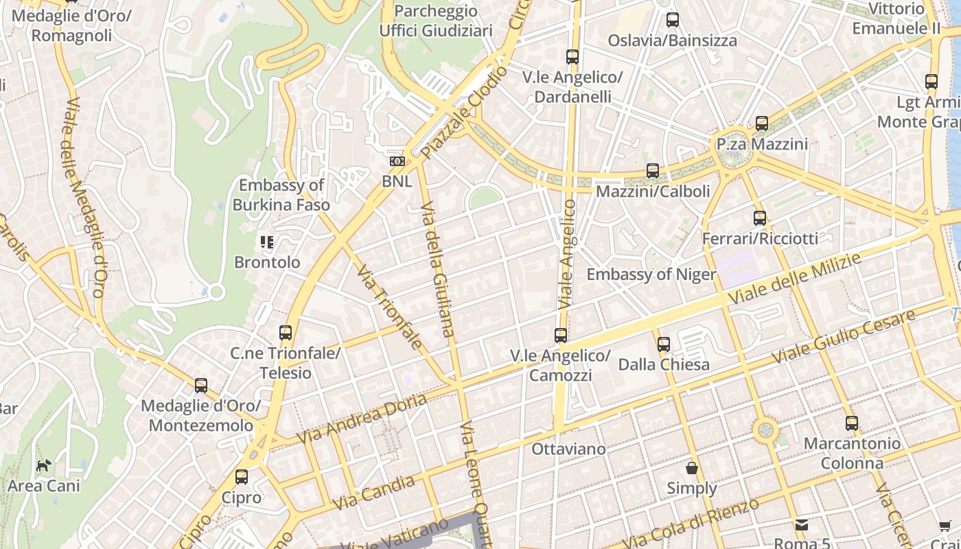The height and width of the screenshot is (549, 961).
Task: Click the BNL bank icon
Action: [397, 161]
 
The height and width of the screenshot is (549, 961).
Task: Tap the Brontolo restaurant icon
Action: [267, 242]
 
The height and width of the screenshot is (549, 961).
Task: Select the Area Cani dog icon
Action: [44, 466]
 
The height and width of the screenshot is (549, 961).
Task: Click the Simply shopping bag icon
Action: [692, 468]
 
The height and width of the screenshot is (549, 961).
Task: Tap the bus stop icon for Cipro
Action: [242, 477]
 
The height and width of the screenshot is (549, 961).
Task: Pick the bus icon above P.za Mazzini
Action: [762, 124]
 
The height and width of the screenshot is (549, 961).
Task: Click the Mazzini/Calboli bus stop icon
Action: [653, 170]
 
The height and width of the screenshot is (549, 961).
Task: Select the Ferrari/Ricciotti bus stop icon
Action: [760, 218]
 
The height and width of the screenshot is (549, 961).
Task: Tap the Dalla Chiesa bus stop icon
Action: [664, 344]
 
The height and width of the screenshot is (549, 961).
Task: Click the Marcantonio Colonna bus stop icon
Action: [852, 423]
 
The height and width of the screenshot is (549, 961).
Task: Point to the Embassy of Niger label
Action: [651, 274]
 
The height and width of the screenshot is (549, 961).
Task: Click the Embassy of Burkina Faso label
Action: [281, 195]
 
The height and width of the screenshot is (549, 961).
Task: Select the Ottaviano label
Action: [569, 449]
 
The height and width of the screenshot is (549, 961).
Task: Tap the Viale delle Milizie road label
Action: [795, 279]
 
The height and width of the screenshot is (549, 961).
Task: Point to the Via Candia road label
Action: [374, 493]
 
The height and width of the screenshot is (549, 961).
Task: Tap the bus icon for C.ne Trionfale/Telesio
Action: [286, 333]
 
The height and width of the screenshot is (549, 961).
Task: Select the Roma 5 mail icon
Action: [802, 525]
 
